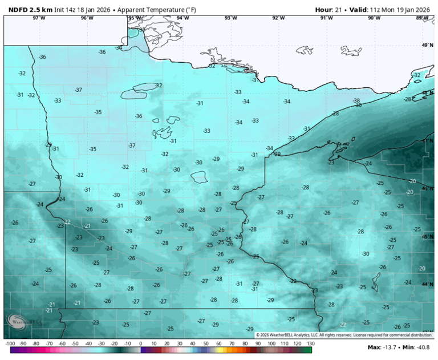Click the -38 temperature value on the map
pyautogui.click(x=356, y=100)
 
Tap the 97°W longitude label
pyautogui.click(x=39, y=18)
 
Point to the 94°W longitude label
pyautogui.click(x=182, y=18)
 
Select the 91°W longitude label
pyautogui.click(x=326, y=18)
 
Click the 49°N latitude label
pyautogui.click(x=427, y=45)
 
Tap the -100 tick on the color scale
pyautogui.click(x=10, y=344)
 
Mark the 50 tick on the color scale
pyautogui.click(x=206, y=344)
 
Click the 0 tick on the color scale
pyautogui.click(x=141, y=344)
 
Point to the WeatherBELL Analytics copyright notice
pyautogui.click(x=344, y=335)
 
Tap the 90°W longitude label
pyautogui.click(x=374, y=18)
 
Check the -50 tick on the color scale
pyautogui.click(x=75, y=344)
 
